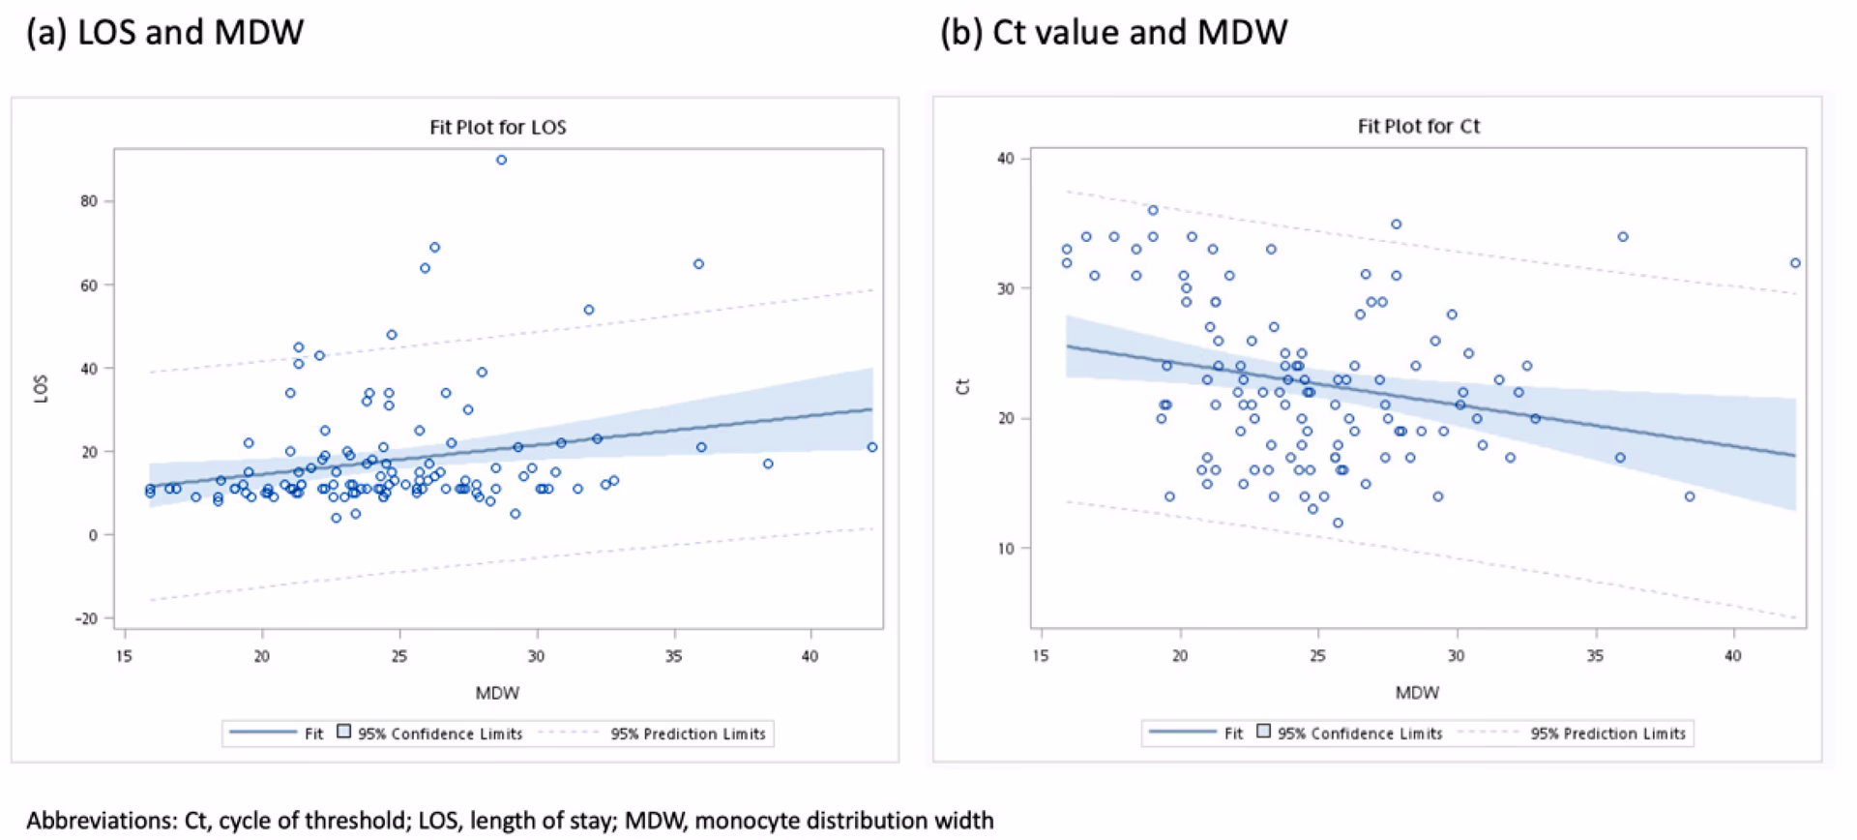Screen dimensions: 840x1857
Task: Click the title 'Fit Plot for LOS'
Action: pyautogui.click(x=497, y=127)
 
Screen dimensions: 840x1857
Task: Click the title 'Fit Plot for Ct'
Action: pyautogui.click(x=1418, y=126)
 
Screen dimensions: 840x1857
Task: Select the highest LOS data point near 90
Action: pyautogui.click(x=501, y=160)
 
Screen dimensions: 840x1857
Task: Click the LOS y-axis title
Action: pyautogui.click(x=41, y=388)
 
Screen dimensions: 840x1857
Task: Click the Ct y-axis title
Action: pyautogui.click(x=962, y=386)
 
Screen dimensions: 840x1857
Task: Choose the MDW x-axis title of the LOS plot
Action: pyautogui.click(x=497, y=693)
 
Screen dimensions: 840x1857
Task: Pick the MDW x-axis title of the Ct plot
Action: pyautogui.click(x=1417, y=693)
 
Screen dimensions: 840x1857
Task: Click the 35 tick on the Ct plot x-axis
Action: pyautogui.click(x=1594, y=656)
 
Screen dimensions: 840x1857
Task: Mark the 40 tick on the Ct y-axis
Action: pyautogui.click(x=1006, y=159)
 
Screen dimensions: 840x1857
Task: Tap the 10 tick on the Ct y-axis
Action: pyautogui.click(x=1006, y=549)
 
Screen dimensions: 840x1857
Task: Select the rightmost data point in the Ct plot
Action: pyautogui.click(x=1795, y=263)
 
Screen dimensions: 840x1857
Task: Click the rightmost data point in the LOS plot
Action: pyautogui.click(x=871, y=447)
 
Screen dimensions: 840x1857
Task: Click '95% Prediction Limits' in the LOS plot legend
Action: pyautogui.click(x=687, y=734)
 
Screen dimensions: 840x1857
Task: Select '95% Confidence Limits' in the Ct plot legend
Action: pyautogui.click(x=1359, y=734)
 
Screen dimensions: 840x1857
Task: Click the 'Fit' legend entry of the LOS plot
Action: pyautogui.click(x=313, y=734)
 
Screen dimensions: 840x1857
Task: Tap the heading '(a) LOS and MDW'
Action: pyautogui.click(x=164, y=32)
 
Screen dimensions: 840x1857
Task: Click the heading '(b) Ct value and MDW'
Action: pyautogui.click(x=1113, y=32)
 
